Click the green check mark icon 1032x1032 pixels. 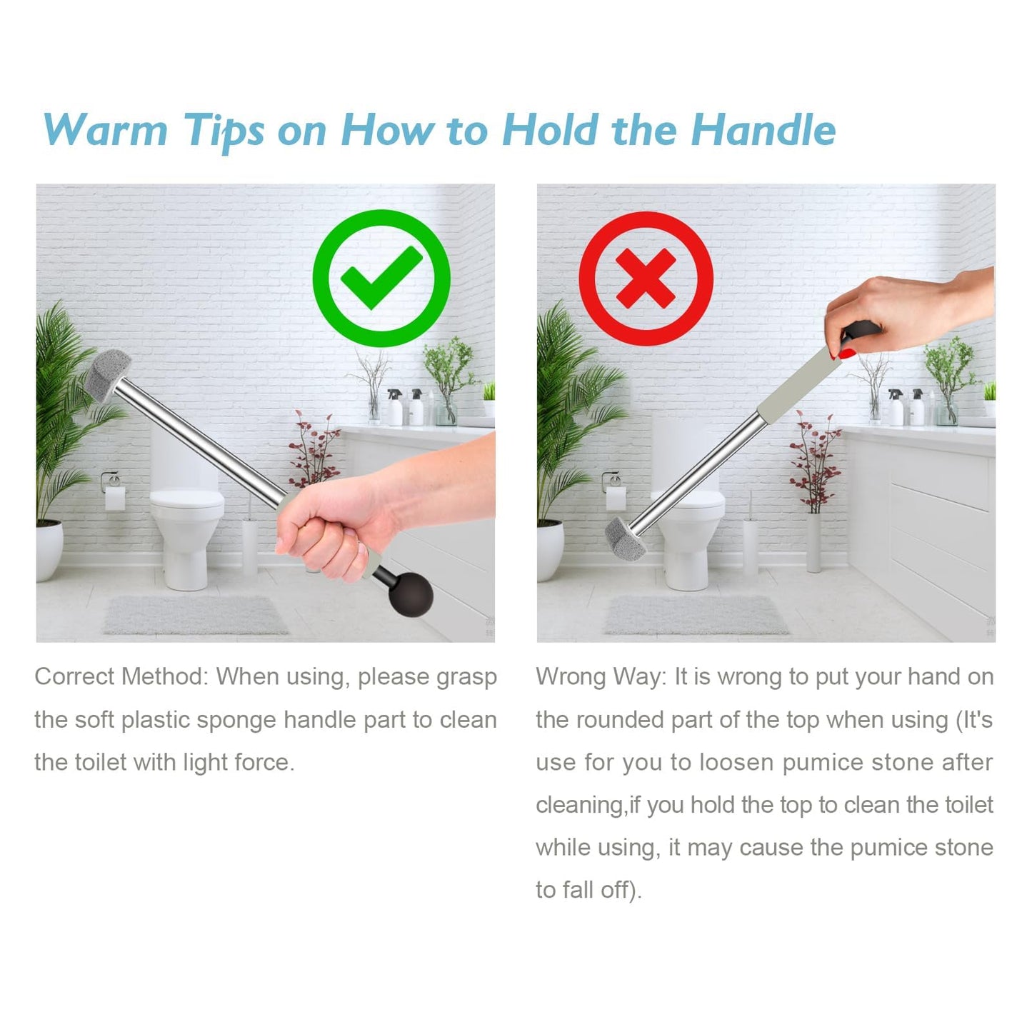click(381, 278)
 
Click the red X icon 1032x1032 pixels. click(646, 278)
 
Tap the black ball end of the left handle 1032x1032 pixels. click(411, 593)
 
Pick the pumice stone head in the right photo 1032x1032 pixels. click(626, 538)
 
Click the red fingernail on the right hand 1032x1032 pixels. click(847, 353)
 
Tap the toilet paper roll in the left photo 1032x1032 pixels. click(114, 498)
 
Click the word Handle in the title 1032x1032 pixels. click(763, 130)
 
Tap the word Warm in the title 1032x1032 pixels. click(106, 130)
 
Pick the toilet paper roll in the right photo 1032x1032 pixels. click(616, 498)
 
